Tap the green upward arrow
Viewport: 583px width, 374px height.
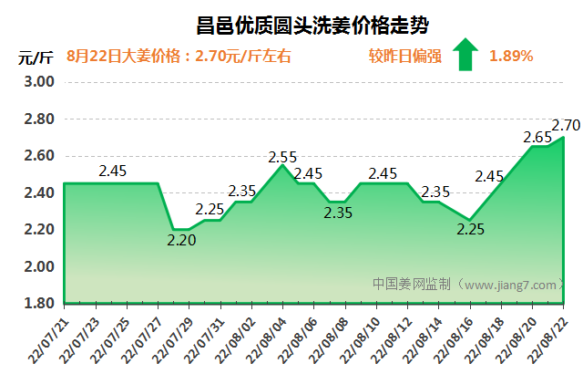pyautogui.click(x=465, y=55)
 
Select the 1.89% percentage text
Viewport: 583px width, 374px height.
pyautogui.click(x=510, y=56)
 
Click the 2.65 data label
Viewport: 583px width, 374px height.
pyautogui.click(x=537, y=138)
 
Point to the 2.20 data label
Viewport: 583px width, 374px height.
pyautogui.click(x=181, y=241)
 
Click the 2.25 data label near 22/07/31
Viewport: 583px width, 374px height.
pyautogui.click(x=210, y=210)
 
